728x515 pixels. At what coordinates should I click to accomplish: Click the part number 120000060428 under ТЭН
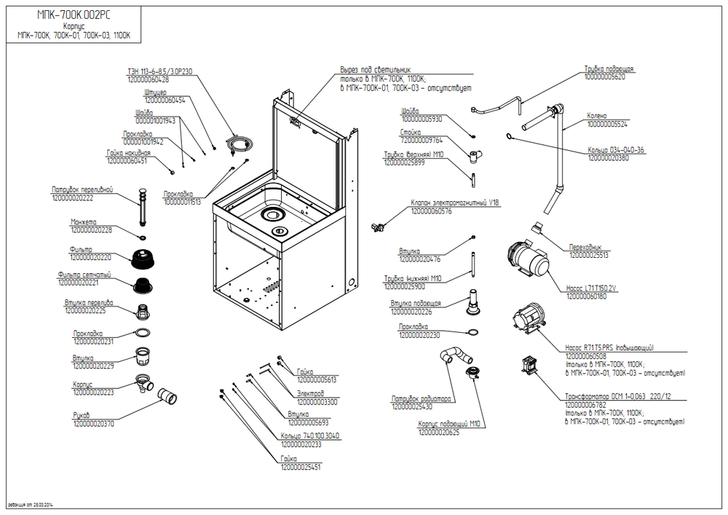148,79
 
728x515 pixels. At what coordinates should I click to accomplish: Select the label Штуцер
156,93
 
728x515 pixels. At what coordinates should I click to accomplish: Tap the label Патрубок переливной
82,189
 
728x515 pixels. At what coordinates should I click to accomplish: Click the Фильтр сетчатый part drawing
143,284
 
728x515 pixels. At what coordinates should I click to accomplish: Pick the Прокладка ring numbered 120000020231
143,334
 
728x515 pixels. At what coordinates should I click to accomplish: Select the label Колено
598,116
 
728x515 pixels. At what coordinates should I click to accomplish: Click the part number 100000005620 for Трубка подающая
604,76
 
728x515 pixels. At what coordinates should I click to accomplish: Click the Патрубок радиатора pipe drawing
454,355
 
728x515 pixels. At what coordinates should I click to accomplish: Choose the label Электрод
311,393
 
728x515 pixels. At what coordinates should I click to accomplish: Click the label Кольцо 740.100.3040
310,436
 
